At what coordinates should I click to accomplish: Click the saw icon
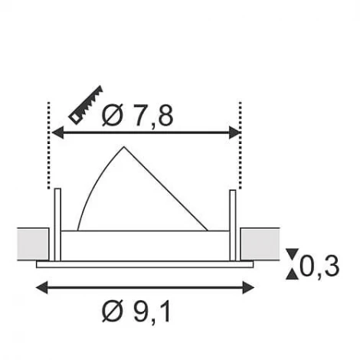(86, 105)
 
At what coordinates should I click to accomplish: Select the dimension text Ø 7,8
(137, 116)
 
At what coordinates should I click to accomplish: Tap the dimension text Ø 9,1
(136, 311)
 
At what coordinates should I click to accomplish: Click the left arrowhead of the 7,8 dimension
(57, 133)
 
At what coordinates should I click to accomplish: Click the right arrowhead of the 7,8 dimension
(234, 133)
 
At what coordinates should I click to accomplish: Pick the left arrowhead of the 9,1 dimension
(42, 288)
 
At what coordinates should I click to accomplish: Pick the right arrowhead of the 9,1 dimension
(248, 288)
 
